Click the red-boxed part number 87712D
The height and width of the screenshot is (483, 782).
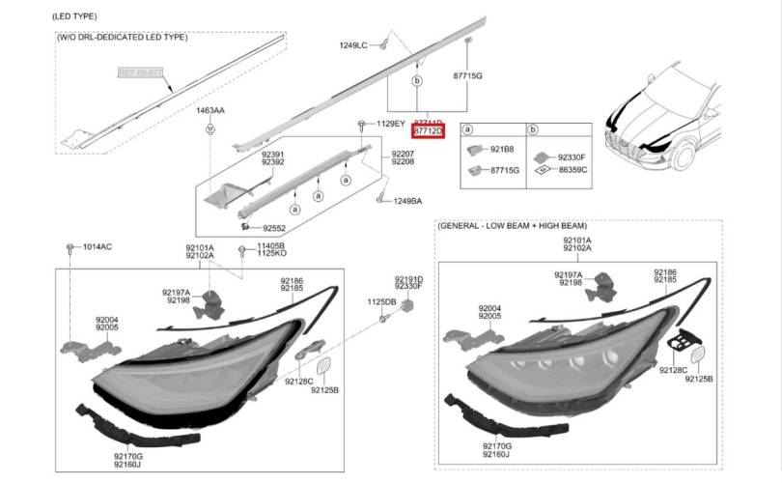click(x=428, y=130)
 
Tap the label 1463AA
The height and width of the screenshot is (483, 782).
click(x=210, y=112)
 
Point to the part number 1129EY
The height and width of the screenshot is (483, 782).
click(x=391, y=124)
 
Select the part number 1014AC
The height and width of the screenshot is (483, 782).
click(x=97, y=247)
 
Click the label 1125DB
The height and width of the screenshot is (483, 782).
click(x=381, y=301)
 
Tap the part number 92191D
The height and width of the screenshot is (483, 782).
click(x=408, y=278)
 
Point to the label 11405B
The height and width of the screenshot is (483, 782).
click(x=271, y=246)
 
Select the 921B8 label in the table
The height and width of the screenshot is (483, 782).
click(x=502, y=150)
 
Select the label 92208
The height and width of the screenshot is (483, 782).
click(x=403, y=162)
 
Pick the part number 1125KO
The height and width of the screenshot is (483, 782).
click(x=271, y=254)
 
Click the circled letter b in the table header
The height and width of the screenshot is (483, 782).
click(x=531, y=129)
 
